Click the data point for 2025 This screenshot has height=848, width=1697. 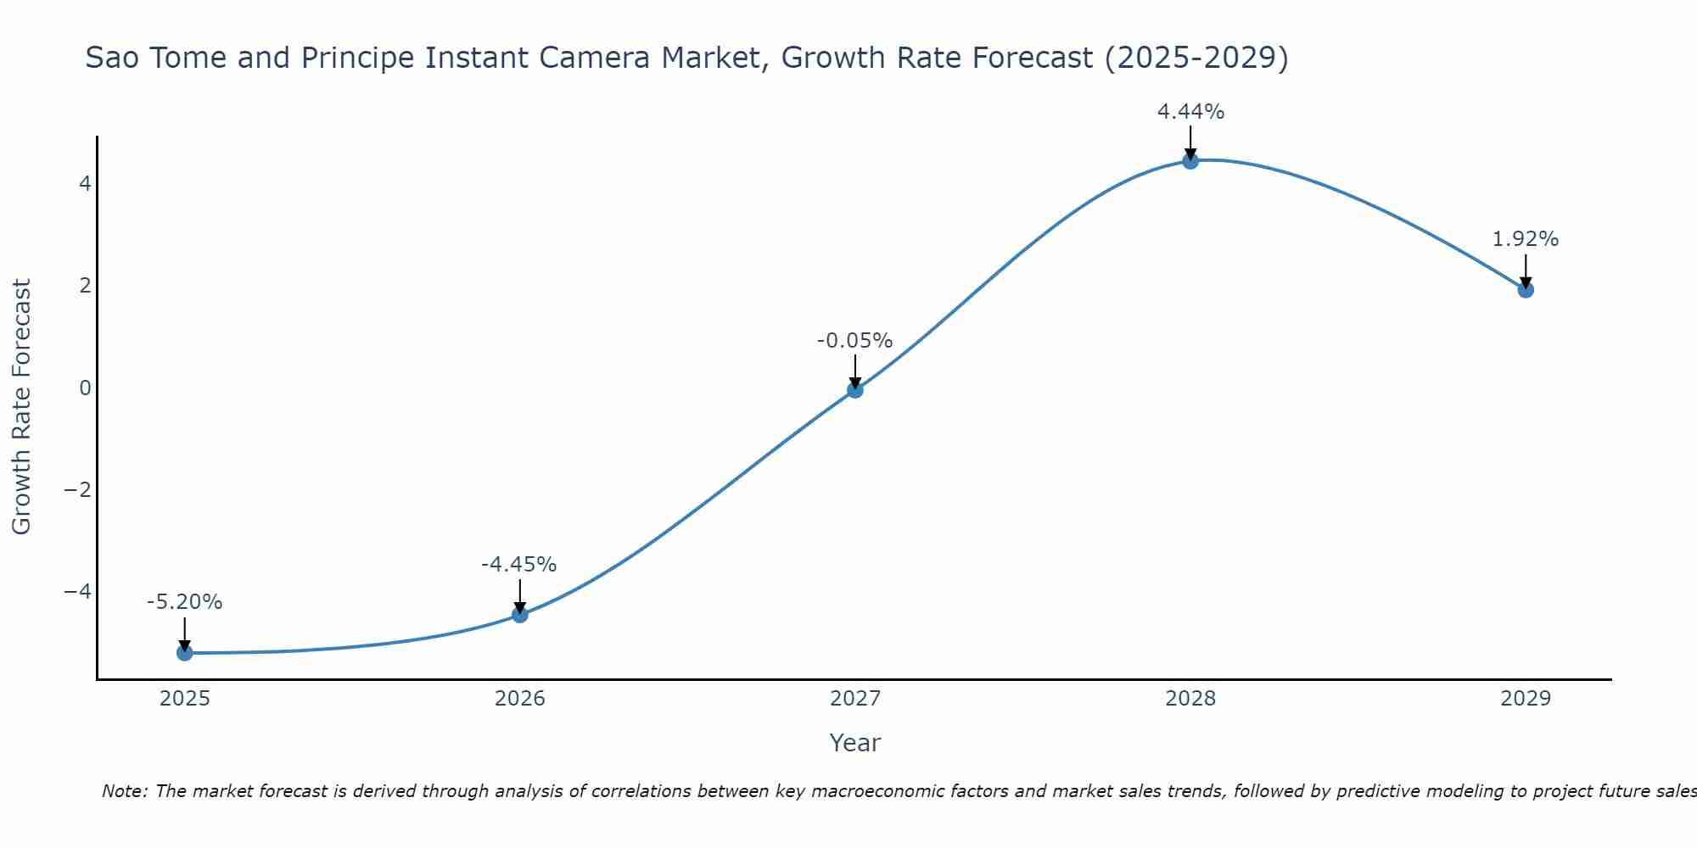pyautogui.click(x=185, y=652)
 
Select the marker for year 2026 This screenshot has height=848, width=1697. pyautogui.click(x=520, y=614)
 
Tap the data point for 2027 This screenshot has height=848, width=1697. pyautogui.click(x=855, y=390)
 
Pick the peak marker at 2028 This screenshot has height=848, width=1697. pyautogui.click(x=1190, y=161)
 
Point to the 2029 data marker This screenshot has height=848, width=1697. pyautogui.click(x=1526, y=290)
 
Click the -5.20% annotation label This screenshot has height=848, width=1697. pyautogui.click(x=185, y=602)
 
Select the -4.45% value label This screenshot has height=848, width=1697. pyautogui.click(x=519, y=565)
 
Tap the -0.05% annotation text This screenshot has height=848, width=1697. pyautogui.click(x=854, y=341)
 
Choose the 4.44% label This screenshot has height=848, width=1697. pyautogui.click(x=1190, y=112)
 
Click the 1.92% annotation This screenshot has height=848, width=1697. pyautogui.click(x=1526, y=239)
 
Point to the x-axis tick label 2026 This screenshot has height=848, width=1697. pyautogui.click(x=520, y=699)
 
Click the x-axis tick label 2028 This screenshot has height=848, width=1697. pyautogui.click(x=1190, y=699)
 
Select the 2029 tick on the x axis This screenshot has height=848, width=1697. pyautogui.click(x=1526, y=699)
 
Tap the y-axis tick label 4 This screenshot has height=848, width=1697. pyautogui.click(x=85, y=183)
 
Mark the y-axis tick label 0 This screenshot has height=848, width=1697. pyautogui.click(x=85, y=388)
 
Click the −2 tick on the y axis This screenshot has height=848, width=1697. pyautogui.click(x=78, y=489)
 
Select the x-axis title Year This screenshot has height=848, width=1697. pyautogui.click(x=855, y=743)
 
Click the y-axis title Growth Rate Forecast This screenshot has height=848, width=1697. pyautogui.click(x=22, y=407)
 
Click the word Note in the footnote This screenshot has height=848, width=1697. pyautogui.click(x=124, y=791)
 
